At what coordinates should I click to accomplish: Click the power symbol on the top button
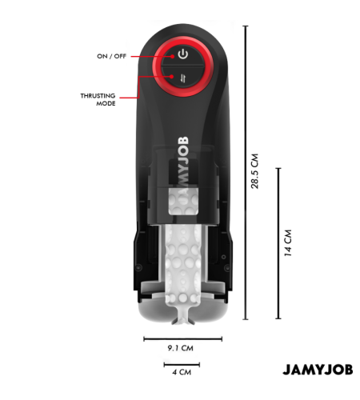click(x=183, y=54)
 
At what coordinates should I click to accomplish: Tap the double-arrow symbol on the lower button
click(x=183, y=78)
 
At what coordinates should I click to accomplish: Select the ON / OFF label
click(x=111, y=56)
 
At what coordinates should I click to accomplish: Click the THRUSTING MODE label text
click(x=98, y=99)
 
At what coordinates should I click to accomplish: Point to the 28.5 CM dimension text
click(x=255, y=171)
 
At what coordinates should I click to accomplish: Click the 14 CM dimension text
click(x=288, y=243)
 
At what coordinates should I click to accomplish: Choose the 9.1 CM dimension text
click(x=181, y=348)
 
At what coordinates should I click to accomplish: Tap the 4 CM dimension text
click(x=182, y=372)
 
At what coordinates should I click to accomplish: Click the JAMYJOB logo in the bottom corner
click(x=318, y=370)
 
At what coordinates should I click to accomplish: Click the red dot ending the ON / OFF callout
click(x=173, y=56)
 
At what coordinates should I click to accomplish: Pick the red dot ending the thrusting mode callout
click(x=172, y=77)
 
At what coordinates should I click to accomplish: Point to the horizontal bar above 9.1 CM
click(x=183, y=339)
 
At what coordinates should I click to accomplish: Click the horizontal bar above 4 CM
click(x=182, y=364)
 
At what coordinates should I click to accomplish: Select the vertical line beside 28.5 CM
click(x=246, y=173)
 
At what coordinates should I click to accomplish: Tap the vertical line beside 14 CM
click(x=278, y=243)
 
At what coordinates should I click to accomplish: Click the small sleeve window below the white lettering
click(x=183, y=202)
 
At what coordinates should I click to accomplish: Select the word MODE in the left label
click(x=106, y=103)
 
